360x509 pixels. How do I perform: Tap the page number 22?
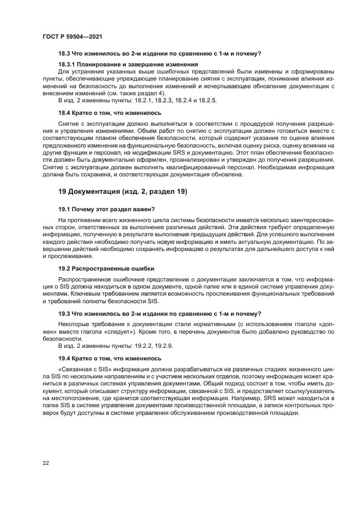click(45, 463)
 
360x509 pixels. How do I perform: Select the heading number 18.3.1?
click(68, 64)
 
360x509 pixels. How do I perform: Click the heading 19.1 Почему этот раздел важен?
click(106, 208)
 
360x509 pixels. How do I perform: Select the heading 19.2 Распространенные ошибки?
click(106, 268)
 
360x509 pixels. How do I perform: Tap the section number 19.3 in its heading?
click(65, 314)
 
